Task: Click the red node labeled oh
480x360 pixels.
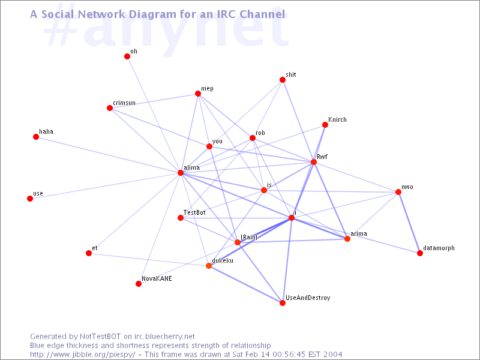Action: (x=127, y=56)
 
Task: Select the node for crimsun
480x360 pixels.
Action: (x=110, y=108)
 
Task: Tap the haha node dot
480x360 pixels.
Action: (x=36, y=137)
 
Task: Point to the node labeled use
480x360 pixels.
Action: (x=30, y=199)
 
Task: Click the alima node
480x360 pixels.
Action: (x=181, y=173)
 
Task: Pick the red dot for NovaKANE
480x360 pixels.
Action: (x=139, y=284)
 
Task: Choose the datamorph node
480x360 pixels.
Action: (x=420, y=253)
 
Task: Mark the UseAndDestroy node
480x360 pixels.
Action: (x=283, y=303)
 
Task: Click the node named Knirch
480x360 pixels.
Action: (x=325, y=125)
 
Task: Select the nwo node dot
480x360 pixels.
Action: (x=398, y=192)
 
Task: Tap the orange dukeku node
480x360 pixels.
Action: (x=209, y=266)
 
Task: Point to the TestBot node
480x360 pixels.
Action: (x=181, y=218)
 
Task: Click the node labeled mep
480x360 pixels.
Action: (x=198, y=94)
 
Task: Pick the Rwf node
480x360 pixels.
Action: (x=314, y=162)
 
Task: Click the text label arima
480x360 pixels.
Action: (x=359, y=233)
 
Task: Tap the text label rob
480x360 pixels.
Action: (x=260, y=133)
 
